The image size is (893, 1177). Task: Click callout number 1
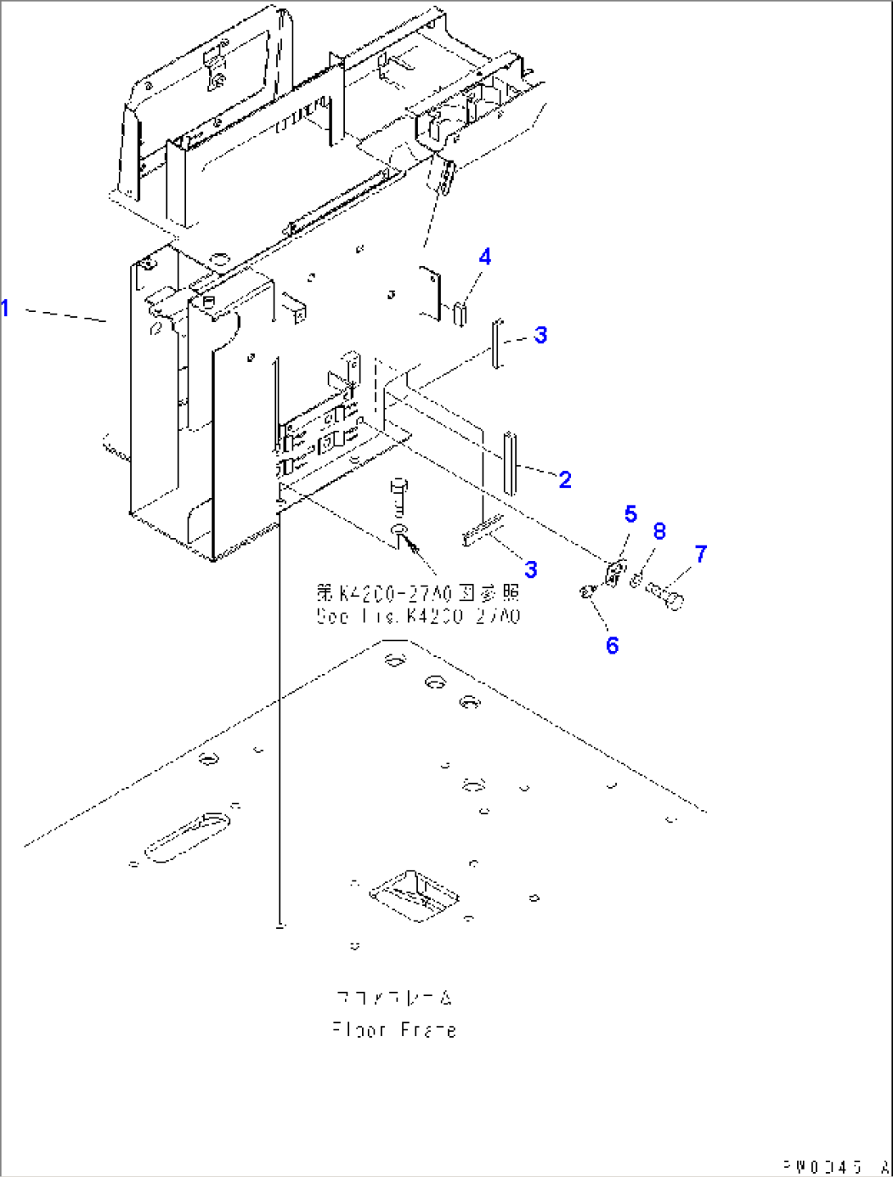pyautogui.click(x=6, y=309)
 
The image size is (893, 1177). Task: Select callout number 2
pyautogui.click(x=564, y=479)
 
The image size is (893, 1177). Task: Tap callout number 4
pyautogui.click(x=485, y=257)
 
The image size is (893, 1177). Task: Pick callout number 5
pyautogui.click(x=630, y=514)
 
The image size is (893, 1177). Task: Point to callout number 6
pyautogui.click(x=612, y=645)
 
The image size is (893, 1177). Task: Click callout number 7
pyautogui.click(x=700, y=555)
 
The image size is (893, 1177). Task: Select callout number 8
pyautogui.click(x=660, y=532)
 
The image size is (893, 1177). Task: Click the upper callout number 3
pyautogui.click(x=540, y=335)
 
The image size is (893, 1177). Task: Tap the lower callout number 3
pyautogui.click(x=531, y=569)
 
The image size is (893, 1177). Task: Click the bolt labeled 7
pyautogui.click(x=665, y=595)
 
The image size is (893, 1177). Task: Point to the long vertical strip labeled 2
pyautogui.click(x=510, y=463)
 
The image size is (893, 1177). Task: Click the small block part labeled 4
pyautogui.click(x=460, y=314)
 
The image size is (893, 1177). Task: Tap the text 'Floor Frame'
pyautogui.click(x=394, y=1030)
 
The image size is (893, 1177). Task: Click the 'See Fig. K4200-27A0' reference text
pyautogui.click(x=418, y=616)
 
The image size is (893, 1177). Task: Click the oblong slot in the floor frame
pyautogui.click(x=187, y=835)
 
